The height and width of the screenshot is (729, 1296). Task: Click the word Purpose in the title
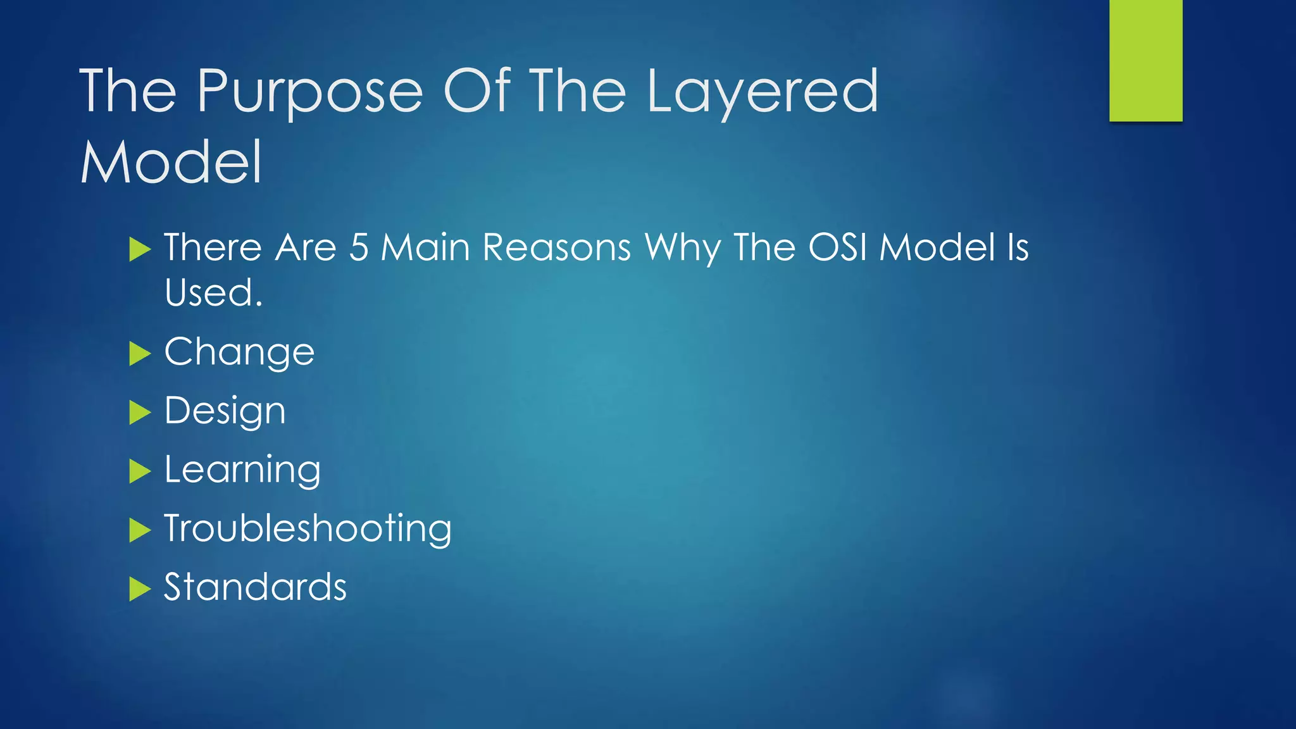pyautogui.click(x=309, y=92)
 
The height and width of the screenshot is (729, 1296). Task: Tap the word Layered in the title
pyautogui.click(x=762, y=92)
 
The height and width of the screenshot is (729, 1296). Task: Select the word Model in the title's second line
pyautogui.click(x=171, y=163)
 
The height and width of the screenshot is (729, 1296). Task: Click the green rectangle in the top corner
pyautogui.click(x=1145, y=60)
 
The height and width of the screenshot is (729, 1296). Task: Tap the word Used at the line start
pyautogui.click(x=213, y=292)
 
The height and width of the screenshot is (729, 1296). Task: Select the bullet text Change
pyautogui.click(x=239, y=352)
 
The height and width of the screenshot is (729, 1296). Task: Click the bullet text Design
pyautogui.click(x=225, y=411)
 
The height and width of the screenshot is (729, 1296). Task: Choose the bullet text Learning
pyautogui.click(x=242, y=470)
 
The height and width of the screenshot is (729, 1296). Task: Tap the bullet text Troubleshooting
pyautogui.click(x=308, y=528)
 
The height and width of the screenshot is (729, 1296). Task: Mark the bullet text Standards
pyautogui.click(x=255, y=587)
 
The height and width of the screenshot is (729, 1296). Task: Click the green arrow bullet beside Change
pyautogui.click(x=139, y=353)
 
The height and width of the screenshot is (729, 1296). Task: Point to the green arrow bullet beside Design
pyautogui.click(x=139, y=412)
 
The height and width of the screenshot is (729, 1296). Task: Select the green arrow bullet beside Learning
pyautogui.click(x=139, y=471)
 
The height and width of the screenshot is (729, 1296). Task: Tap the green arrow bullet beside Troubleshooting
pyautogui.click(x=139, y=530)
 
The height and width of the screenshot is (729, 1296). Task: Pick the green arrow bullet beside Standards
pyautogui.click(x=139, y=589)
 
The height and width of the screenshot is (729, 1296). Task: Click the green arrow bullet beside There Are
pyautogui.click(x=139, y=249)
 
